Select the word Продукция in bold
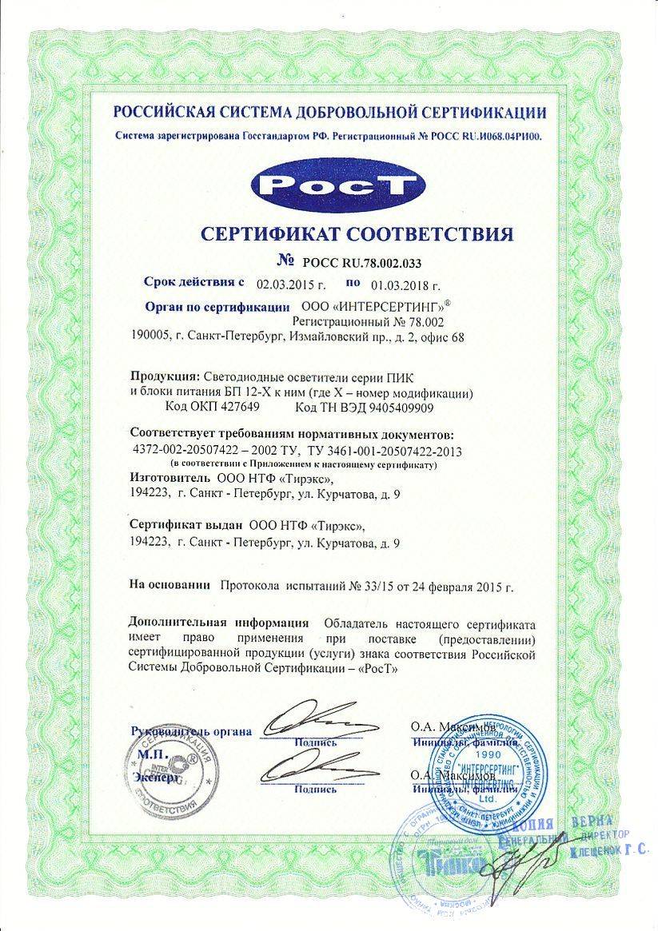click(x=163, y=376)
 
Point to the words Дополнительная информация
click(x=218, y=623)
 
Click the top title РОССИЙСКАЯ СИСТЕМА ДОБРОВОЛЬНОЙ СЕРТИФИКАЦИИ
click(x=329, y=113)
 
